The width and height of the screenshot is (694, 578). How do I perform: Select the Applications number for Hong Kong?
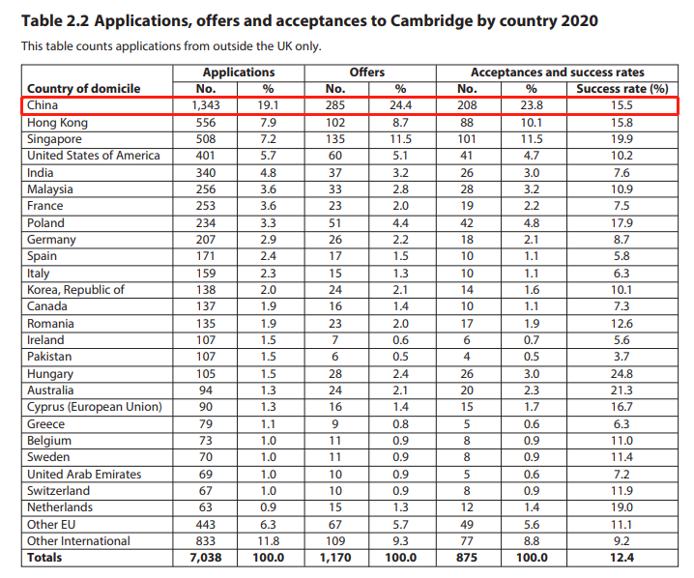tap(205, 123)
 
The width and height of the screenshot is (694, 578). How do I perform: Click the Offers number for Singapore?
tap(335, 139)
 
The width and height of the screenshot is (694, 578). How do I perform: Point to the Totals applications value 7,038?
tap(205, 558)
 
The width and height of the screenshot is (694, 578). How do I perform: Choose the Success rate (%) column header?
tap(622, 89)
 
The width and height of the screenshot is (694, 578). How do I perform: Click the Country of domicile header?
tap(84, 89)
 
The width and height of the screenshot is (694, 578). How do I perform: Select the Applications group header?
tap(238, 72)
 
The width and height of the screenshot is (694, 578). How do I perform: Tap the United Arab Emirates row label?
tap(84, 475)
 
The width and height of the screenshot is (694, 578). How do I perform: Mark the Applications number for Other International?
tap(205, 541)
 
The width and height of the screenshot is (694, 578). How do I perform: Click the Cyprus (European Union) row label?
tap(94, 407)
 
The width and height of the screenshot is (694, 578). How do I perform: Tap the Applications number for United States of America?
tap(205, 156)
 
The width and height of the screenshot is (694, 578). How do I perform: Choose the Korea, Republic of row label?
tap(75, 290)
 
